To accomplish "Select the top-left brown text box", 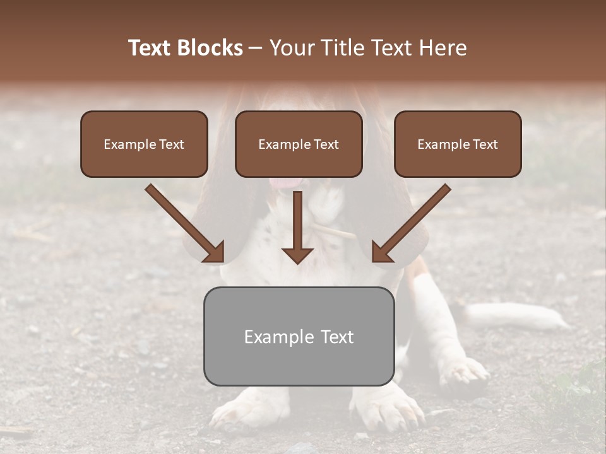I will click(144, 144).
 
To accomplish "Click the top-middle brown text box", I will click(299, 144).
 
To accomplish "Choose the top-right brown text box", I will click(458, 144).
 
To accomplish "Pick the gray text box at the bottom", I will click(299, 336).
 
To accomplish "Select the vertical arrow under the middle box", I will click(297, 227).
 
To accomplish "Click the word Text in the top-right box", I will click(485, 144).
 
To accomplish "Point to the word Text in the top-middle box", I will click(326, 144).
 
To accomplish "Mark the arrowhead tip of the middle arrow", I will click(297, 262).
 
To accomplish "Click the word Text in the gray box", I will click(337, 337).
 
